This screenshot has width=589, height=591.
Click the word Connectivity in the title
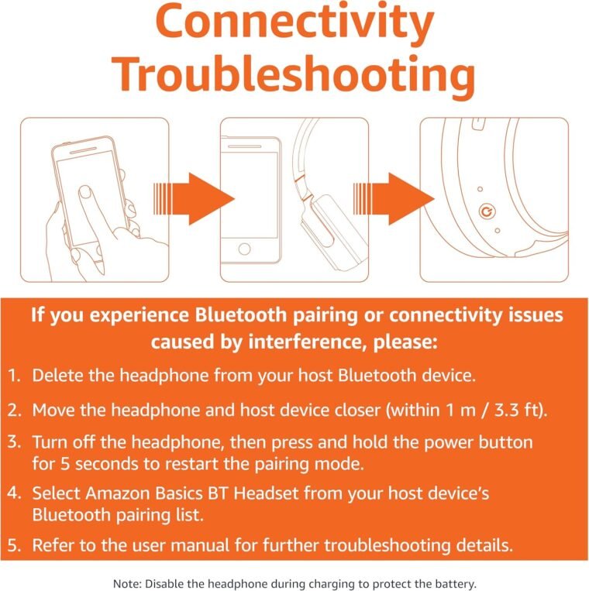(294, 23)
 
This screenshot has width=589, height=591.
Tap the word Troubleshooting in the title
(294, 75)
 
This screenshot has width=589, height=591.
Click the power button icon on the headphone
(487, 211)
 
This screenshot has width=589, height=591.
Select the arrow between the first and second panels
(194, 199)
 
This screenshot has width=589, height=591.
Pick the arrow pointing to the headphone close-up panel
(394, 199)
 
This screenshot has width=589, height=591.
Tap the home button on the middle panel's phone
(244, 249)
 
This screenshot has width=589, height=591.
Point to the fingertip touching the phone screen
(84, 192)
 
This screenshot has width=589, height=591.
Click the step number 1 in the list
(14, 376)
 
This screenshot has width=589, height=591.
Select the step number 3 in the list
(14, 442)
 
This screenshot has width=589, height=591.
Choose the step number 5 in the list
(14, 545)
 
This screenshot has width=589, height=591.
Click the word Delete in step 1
(57, 376)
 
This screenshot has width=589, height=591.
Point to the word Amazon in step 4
(118, 493)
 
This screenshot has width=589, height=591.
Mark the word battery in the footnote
(458, 584)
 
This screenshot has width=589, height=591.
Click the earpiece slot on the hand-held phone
(84, 149)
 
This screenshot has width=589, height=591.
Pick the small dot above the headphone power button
(480, 189)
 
